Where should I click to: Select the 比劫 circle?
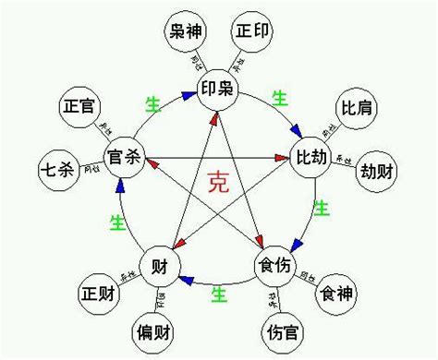click(x=312, y=154)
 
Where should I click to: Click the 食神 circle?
click(x=335, y=294)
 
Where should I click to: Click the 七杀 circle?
click(x=57, y=170)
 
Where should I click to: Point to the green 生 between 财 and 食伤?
click(x=219, y=294)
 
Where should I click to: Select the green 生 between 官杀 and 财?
click(x=117, y=222)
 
